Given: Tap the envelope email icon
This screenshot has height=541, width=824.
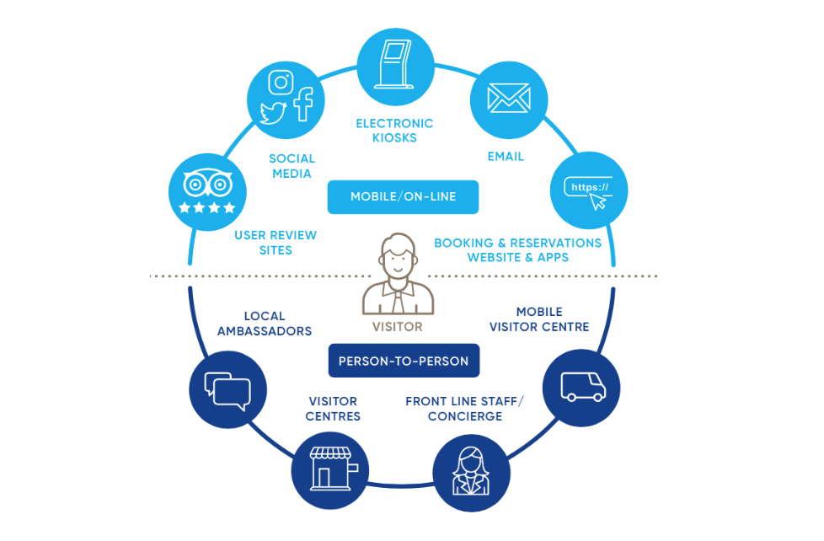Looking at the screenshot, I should (x=508, y=99).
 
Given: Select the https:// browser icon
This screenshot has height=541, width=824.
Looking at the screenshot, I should (x=589, y=190).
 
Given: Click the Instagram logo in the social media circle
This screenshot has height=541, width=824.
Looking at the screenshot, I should (x=281, y=83).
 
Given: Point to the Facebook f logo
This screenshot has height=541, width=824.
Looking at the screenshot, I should (x=302, y=104).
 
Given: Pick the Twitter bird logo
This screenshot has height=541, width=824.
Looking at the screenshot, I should (x=273, y=113).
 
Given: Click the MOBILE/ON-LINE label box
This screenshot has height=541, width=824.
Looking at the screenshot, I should (x=403, y=197).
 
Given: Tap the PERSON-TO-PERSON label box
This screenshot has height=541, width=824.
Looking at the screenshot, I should (x=403, y=362).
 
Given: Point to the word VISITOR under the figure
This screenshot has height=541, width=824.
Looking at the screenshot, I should (x=397, y=326).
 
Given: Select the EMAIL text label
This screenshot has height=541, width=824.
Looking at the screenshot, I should (x=506, y=157).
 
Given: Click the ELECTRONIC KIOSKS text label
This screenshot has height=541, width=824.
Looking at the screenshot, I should (x=394, y=131).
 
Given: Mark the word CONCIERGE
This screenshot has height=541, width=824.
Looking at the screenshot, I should (x=464, y=417).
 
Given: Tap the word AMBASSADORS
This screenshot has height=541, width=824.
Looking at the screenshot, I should (x=265, y=331).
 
